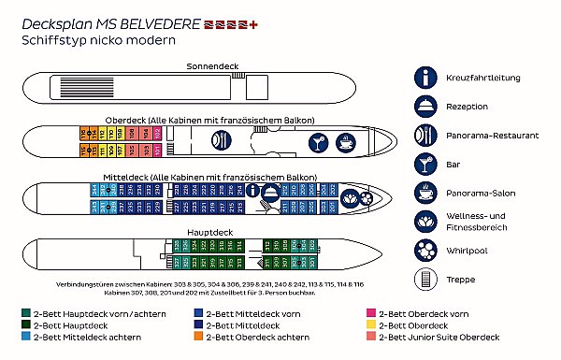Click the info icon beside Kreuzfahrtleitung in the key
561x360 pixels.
click(x=426, y=77)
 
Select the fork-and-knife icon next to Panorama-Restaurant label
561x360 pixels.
click(x=426, y=134)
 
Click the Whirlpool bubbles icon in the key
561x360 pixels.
click(x=426, y=250)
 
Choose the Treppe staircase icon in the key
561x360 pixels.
click(x=426, y=279)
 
